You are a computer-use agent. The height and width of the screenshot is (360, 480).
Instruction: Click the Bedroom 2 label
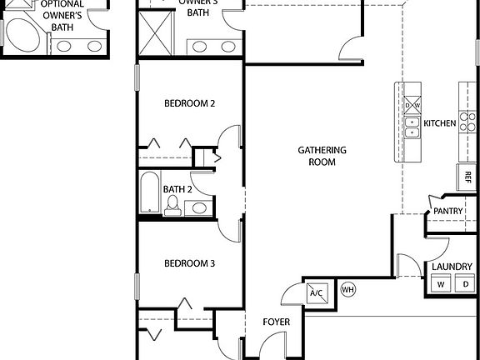189,103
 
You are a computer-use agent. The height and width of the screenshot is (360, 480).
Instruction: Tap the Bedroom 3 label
189,263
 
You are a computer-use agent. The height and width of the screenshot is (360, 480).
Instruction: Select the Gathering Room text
322,156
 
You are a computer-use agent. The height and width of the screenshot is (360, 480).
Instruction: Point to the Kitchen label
439,123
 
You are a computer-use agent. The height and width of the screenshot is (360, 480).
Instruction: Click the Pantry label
447,211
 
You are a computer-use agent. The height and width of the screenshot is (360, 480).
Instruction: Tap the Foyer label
276,322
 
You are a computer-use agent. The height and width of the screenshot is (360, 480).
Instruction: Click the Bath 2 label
177,189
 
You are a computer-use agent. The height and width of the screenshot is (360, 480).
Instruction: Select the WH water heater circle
348,290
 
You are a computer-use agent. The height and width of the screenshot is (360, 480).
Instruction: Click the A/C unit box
317,292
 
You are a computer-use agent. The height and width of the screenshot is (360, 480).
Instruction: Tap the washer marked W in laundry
440,284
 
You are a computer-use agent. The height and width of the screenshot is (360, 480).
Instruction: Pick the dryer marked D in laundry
465,284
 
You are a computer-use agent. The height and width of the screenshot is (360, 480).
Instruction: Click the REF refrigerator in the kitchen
467,177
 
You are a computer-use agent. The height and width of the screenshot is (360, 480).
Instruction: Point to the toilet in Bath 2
172,206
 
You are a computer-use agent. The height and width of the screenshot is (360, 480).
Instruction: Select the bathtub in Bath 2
149,192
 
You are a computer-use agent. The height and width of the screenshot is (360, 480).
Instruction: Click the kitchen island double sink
412,127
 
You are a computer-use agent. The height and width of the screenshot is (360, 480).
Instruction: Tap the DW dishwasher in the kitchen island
412,106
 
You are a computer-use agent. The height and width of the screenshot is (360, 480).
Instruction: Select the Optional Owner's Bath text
61,15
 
